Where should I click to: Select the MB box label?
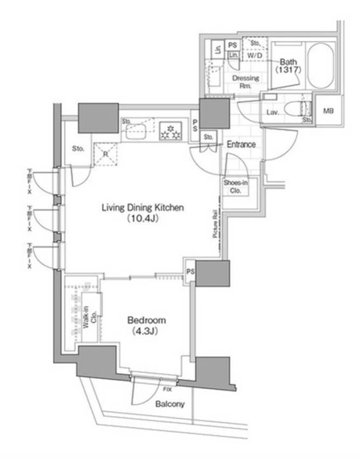[x=329, y=110]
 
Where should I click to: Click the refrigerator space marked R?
[x=105, y=154]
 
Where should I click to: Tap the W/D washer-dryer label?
[x=255, y=55]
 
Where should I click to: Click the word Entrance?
[x=241, y=144]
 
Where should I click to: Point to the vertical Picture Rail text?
[x=215, y=225]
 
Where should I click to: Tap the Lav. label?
[x=273, y=113]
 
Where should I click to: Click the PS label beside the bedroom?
[x=190, y=272]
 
